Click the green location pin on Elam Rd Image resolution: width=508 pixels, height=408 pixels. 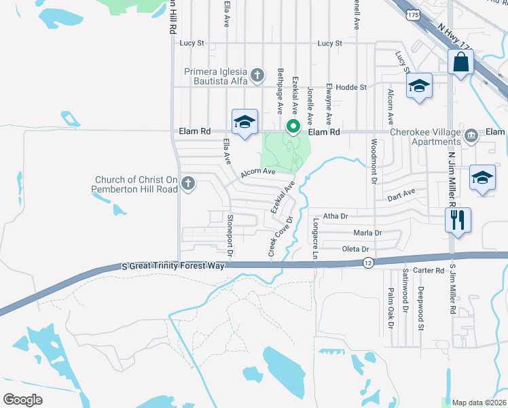click(293, 127)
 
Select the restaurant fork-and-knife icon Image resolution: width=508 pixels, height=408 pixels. click(457, 220)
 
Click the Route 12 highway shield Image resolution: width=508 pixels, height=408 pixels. click(367, 262)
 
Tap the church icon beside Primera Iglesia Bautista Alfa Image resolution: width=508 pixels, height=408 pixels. click(257, 74)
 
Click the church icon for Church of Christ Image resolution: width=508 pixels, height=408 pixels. click(188, 183)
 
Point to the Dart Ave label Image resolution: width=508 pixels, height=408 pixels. click(401, 193)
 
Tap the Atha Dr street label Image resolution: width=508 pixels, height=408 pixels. click(335, 216)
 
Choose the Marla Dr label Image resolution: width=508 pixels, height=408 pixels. click(367, 233)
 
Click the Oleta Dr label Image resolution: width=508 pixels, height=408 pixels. click(355, 250)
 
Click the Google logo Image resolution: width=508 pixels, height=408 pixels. click(23, 400)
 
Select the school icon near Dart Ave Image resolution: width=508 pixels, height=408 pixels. click(482, 179)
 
